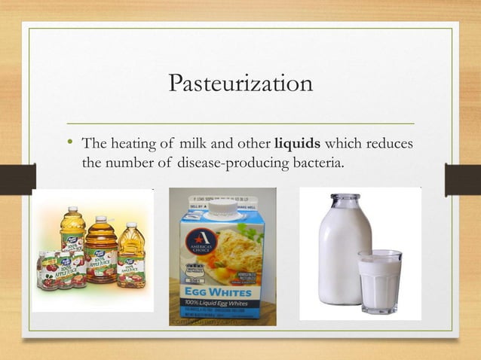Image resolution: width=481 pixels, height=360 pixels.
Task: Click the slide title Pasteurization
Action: (240, 82)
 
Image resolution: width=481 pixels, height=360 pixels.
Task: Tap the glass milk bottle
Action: (343, 249)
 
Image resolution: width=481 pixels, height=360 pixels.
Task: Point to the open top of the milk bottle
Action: (345, 197)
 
